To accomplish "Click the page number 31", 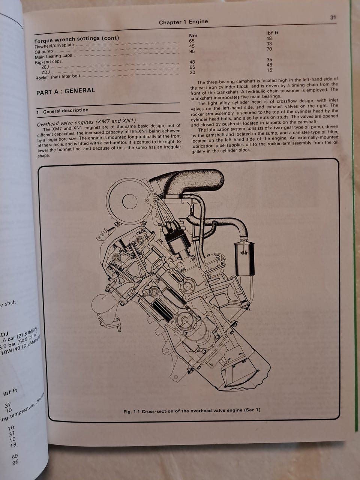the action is pos(333,18).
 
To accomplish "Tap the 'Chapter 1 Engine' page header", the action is pos(183,22).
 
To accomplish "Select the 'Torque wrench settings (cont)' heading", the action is pos(76,39).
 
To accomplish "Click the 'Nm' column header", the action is pos(193,35).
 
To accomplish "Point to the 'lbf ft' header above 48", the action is pos(272,33).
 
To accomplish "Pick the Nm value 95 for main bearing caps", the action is pos(192,52).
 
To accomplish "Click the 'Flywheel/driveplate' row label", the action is pos(54,46).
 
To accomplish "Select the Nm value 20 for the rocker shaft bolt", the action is pos(192,72).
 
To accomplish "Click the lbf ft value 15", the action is pos(270,70).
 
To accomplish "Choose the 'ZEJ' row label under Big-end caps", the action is pos(45,67).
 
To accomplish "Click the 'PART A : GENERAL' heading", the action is pos(66,91).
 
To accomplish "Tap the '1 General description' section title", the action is pos(63,111).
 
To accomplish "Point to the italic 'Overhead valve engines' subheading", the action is pos(86,122).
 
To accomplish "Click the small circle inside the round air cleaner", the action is pos(130,201).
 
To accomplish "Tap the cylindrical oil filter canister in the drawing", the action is pos(244,259).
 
